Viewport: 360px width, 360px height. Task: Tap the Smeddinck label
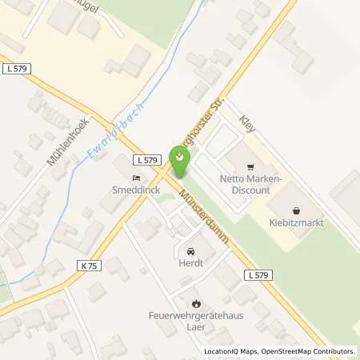coord(135,191)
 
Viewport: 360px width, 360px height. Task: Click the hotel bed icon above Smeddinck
coord(135,178)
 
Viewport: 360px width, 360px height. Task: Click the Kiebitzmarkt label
coord(296,222)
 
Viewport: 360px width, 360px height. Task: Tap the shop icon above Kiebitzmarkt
coord(296,210)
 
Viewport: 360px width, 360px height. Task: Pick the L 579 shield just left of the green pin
coord(145,159)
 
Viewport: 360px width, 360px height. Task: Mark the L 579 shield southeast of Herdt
coord(258,275)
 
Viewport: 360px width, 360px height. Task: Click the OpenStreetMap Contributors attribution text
coord(308,351)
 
